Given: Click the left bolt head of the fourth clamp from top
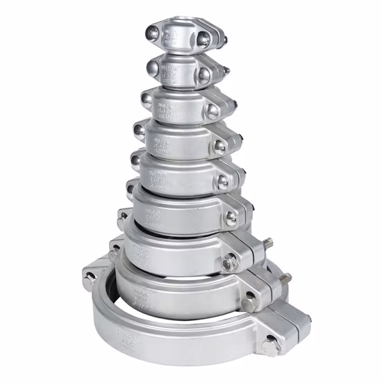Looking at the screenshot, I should pyautogui.click(x=139, y=129).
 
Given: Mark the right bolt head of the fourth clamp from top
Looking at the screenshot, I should pyautogui.click(x=219, y=146).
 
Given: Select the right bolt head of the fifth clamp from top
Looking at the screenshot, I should pyautogui.click(x=222, y=182).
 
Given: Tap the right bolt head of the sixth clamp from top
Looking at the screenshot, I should pyautogui.click(x=231, y=217).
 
